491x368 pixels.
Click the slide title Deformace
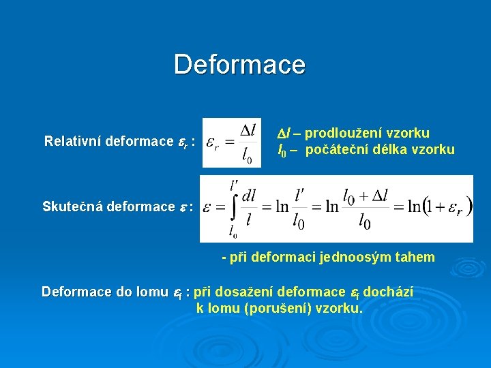(x=240, y=65)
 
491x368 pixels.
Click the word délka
(x=389, y=149)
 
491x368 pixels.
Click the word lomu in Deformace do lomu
(x=150, y=292)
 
